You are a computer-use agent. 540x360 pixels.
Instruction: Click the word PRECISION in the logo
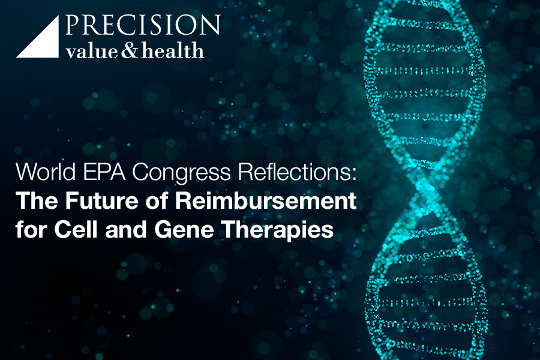(143, 25)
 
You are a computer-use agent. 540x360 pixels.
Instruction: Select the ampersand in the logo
(130, 50)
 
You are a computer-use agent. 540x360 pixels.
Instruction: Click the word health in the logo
(173, 50)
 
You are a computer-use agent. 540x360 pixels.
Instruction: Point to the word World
(46, 172)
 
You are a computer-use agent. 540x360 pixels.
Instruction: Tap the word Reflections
(295, 172)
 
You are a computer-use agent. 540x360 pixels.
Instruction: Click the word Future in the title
(102, 200)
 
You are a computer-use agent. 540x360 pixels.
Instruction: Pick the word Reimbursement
(266, 200)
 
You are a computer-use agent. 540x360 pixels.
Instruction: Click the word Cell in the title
(76, 229)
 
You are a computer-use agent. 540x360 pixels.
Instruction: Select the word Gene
(184, 229)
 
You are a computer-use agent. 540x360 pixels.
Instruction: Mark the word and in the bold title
(126, 229)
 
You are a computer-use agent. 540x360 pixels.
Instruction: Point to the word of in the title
(157, 200)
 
